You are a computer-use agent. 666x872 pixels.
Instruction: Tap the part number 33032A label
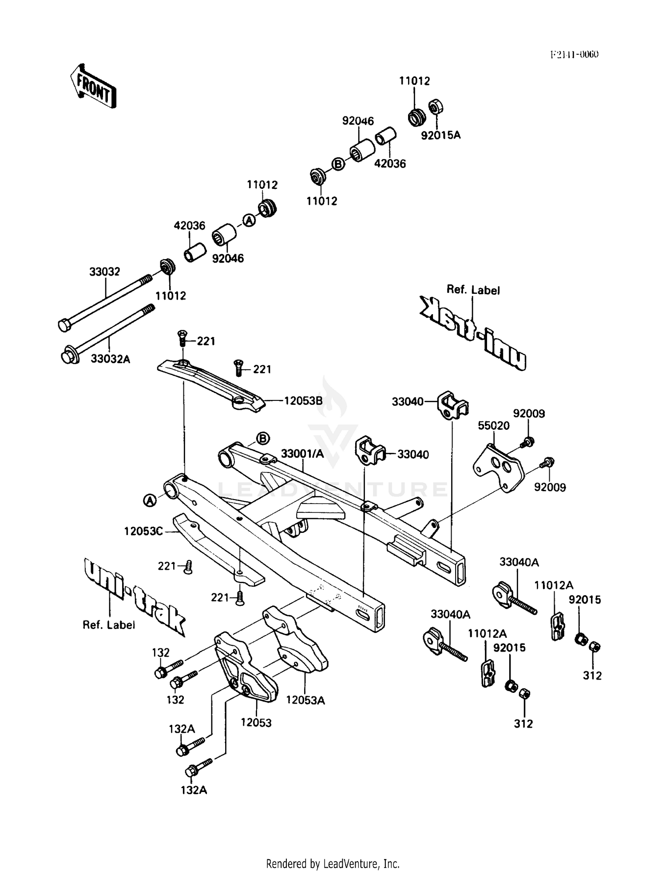click(x=111, y=359)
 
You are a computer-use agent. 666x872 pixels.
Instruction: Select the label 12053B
click(x=303, y=400)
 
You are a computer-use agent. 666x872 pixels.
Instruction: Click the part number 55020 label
click(x=493, y=425)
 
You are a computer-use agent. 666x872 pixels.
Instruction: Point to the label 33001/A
click(x=302, y=453)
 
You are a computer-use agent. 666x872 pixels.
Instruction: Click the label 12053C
click(x=143, y=531)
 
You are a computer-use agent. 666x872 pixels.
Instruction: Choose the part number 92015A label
click(x=440, y=135)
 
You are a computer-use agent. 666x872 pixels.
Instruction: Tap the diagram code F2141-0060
click(x=575, y=55)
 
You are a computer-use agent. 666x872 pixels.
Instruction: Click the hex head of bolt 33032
click(x=64, y=326)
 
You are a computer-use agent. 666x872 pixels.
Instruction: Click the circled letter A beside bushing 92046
click(x=249, y=220)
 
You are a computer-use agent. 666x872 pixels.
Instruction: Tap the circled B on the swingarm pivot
click(x=263, y=439)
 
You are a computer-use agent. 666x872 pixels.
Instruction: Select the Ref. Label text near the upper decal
click(x=473, y=290)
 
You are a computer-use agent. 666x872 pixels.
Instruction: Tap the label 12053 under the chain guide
click(x=256, y=723)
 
